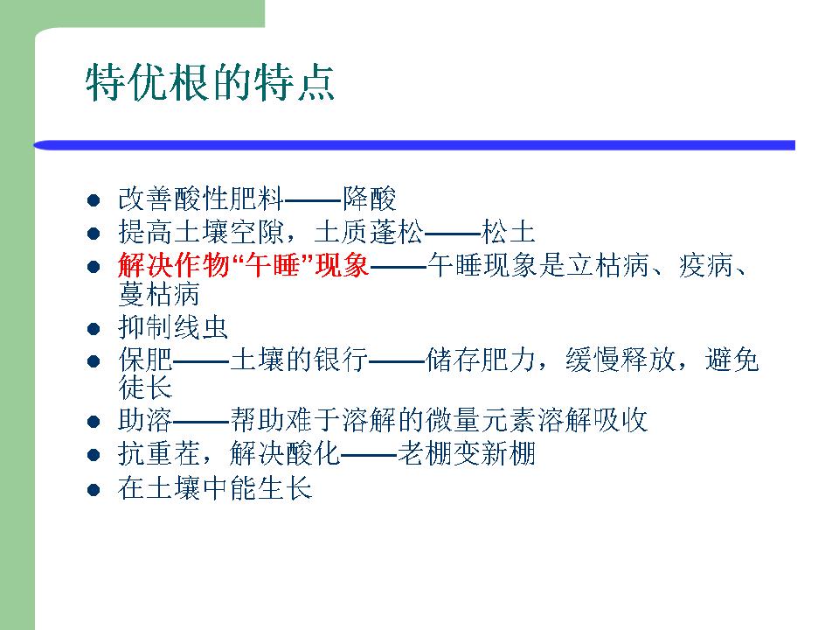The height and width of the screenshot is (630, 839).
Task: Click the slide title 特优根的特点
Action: [x=210, y=82]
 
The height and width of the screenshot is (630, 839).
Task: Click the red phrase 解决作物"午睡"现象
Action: [x=244, y=264]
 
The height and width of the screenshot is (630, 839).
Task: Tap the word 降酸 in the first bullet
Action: [x=370, y=199]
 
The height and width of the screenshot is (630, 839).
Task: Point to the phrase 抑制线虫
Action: [x=173, y=327]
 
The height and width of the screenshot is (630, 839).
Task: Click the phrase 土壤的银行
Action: [x=299, y=360]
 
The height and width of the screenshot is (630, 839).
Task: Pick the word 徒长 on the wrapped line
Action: [x=146, y=388]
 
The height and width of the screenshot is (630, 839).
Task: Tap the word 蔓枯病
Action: [x=159, y=294]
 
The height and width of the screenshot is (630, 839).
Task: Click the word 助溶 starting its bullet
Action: [x=145, y=420]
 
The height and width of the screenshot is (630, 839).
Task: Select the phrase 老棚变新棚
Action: [x=467, y=453]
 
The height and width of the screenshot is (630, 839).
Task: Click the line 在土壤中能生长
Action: [x=215, y=488]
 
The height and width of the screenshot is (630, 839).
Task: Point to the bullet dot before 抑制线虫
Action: [x=94, y=328]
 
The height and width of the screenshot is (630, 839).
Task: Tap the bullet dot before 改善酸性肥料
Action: [x=94, y=200]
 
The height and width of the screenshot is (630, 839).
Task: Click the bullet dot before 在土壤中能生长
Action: [x=94, y=490]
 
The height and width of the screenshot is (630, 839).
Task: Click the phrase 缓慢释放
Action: [x=621, y=360]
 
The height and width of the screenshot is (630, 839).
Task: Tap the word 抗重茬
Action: [x=159, y=453]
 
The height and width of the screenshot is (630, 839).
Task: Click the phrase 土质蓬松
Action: [x=369, y=232]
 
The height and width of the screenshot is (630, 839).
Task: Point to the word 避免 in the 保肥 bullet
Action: [x=732, y=360]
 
